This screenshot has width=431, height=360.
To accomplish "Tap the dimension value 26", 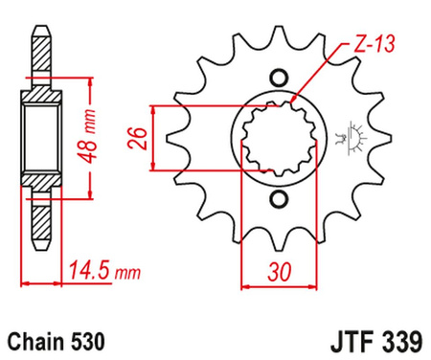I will click(x=137, y=139).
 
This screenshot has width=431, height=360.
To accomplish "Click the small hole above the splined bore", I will click(x=279, y=79).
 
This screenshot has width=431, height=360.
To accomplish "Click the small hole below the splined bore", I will click(x=279, y=199).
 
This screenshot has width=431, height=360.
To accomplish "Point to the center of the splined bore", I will click(x=279, y=139).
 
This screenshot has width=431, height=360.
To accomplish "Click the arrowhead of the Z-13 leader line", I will click(x=289, y=100).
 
